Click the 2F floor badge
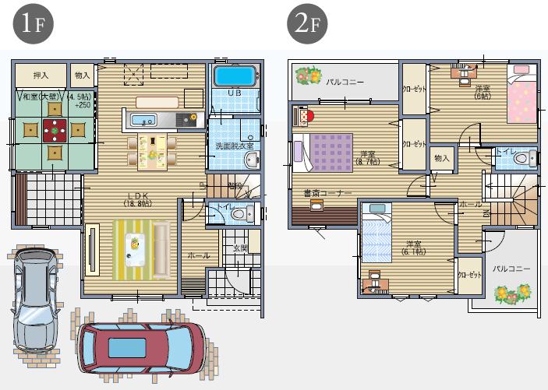click(306, 23)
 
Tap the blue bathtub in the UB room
click(235, 76)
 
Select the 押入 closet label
click(41, 76)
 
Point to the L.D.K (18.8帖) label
click(136, 200)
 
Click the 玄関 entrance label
click(240, 248)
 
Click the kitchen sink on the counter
click(143, 120)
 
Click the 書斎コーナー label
click(328, 192)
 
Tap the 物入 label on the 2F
click(442, 159)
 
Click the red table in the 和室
click(55, 127)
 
